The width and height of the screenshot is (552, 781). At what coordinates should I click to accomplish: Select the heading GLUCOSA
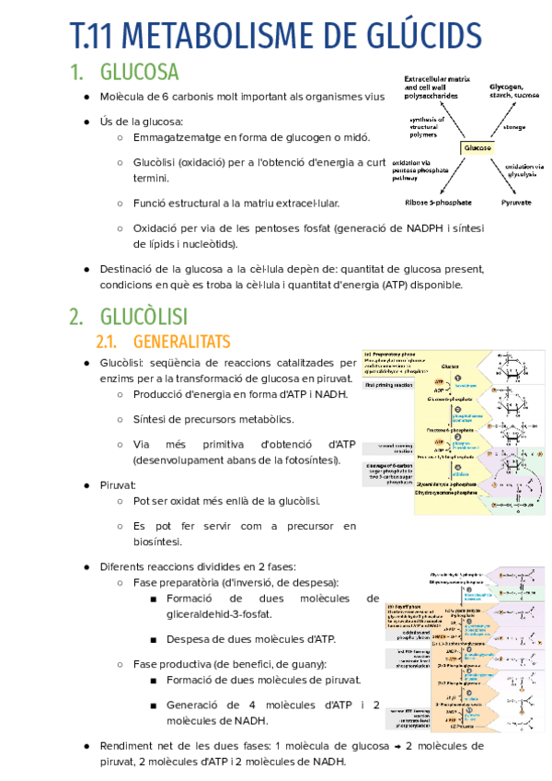point(139,72)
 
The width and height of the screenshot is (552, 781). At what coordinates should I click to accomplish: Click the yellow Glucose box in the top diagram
point(478,147)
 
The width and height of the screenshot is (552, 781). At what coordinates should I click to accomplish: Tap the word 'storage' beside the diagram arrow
point(514,126)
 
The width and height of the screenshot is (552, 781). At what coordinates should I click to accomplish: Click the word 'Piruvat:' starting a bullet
point(118,484)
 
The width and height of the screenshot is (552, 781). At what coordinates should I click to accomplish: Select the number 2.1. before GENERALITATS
point(114,342)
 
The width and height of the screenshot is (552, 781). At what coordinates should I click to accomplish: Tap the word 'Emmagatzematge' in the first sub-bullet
point(177,138)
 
